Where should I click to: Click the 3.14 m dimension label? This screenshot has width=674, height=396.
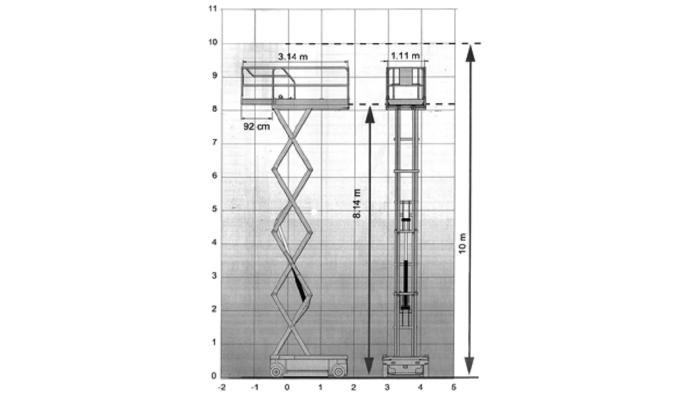(293, 57)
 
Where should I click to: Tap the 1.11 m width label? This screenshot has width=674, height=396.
(406, 56)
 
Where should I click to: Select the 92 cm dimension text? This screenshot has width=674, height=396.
(256, 127)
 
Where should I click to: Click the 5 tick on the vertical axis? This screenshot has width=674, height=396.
(213, 210)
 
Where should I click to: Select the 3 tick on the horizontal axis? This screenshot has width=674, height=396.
(388, 387)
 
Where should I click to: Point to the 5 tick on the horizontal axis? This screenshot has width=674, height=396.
(453, 387)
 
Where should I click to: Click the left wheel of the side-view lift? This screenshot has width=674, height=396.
(276, 371)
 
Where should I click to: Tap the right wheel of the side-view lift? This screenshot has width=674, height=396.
(338, 371)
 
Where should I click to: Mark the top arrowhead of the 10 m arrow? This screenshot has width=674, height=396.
(470, 52)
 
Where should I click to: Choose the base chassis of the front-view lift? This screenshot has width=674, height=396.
(405, 365)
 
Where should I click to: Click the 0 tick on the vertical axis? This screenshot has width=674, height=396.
(213, 376)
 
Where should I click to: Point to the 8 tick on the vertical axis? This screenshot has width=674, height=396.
(213, 110)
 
